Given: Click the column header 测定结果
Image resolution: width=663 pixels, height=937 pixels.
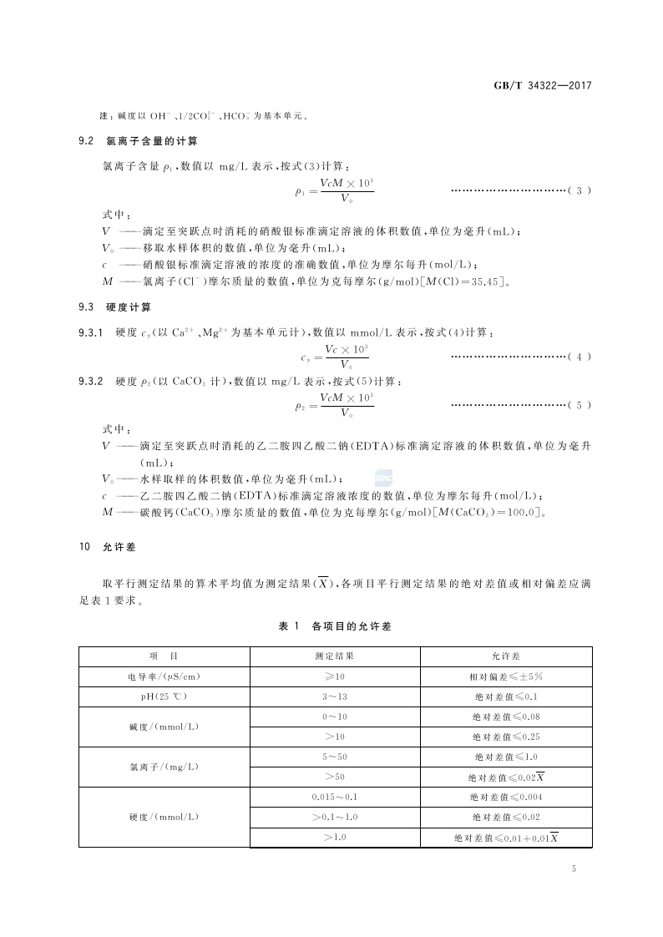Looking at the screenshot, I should coord(334,656).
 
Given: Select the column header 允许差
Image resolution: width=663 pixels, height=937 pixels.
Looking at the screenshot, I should coord(506,656).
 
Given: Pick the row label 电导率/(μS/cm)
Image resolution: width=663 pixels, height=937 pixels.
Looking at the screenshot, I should coord(164,676).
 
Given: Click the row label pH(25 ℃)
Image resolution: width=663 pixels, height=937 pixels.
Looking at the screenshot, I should coord(164,696).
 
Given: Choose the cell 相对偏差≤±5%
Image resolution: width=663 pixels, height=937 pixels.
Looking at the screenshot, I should coord(506,676).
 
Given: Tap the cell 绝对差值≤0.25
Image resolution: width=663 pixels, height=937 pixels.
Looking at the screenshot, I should coord(506,737).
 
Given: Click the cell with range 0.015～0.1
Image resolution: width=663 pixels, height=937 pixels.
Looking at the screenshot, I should coord(334,797).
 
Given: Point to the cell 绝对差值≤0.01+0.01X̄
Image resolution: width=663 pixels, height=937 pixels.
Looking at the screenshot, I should coord(506,837).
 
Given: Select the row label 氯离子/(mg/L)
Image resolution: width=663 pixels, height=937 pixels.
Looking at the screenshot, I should coord(164,767).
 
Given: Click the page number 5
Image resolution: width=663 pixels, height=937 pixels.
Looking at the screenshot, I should coord(574,869).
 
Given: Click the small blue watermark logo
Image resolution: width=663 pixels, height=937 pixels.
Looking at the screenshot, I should coord(382,478).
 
